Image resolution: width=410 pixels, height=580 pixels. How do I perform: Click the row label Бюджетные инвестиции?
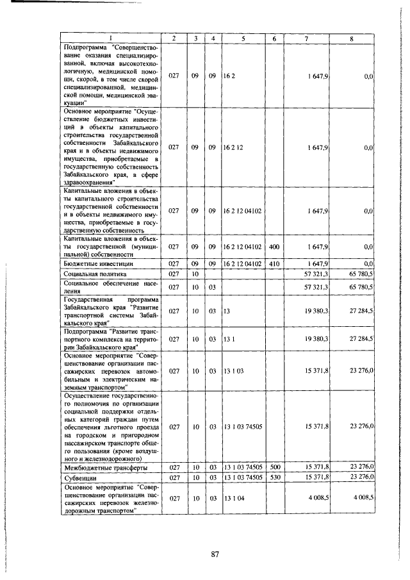(x=89, y=263)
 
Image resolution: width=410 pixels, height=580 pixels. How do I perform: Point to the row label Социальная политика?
(x=90, y=274)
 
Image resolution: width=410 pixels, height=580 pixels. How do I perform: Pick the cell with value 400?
(x=274, y=246)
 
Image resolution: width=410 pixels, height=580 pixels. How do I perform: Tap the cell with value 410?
(x=274, y=263)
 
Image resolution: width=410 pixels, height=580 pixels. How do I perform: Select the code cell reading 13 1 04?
(x=233, y=497)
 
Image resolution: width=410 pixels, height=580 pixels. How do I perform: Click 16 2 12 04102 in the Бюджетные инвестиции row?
(x=243, y=263)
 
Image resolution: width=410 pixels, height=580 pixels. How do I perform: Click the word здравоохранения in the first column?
(x=89, y=181)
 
